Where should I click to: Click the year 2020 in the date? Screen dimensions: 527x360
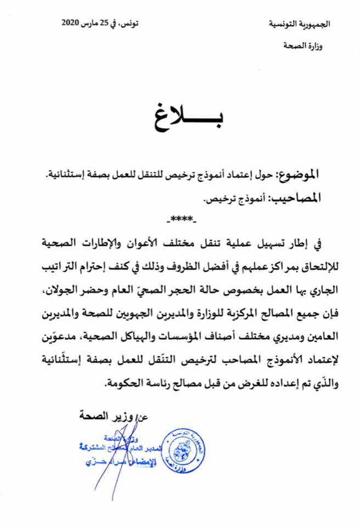(71, 23)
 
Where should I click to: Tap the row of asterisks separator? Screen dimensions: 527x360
(181, 220)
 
